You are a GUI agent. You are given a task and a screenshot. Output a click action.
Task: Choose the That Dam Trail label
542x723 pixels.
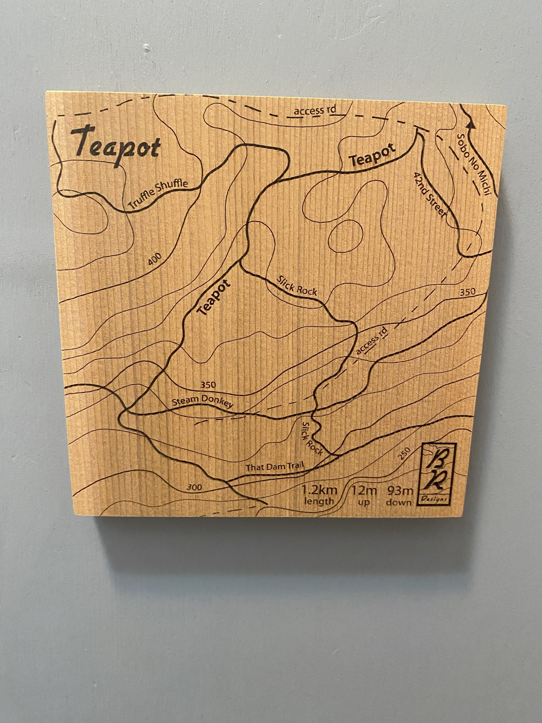coord(275,466)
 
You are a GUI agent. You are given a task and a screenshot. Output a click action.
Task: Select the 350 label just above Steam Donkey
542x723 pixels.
coord(208,385)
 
